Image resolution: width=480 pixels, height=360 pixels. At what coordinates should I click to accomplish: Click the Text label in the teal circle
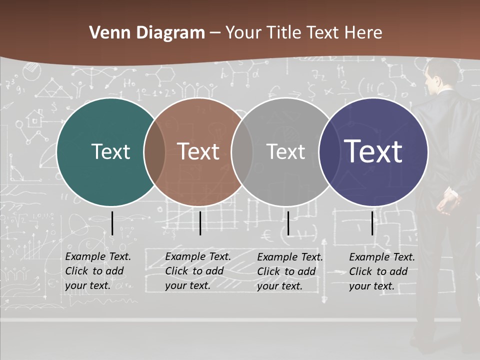[x=110, y=152]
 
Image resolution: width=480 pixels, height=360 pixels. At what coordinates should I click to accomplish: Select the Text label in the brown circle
[x=198, y=152]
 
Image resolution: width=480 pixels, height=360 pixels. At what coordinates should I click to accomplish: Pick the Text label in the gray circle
[x=285, y=152]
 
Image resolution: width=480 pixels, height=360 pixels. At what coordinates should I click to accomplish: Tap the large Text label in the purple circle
[x=373, y=151]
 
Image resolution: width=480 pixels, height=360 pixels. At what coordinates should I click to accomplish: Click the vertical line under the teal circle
[x=112, y=223]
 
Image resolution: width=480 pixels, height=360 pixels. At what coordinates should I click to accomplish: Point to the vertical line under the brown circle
[x=200, y=223]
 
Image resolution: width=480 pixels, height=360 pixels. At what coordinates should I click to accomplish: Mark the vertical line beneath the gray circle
[x=288, y=223]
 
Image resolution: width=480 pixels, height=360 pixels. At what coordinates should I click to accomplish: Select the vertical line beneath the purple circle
[x=372, y=223]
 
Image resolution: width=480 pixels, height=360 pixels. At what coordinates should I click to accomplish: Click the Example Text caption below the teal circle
[x=98, y=271]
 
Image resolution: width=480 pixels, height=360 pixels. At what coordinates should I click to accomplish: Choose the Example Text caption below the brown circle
[x=198, y=271]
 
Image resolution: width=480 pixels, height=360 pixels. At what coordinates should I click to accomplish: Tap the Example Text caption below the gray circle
[x=290, y=271]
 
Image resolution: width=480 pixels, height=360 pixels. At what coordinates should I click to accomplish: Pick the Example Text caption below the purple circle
[x=382, y=271]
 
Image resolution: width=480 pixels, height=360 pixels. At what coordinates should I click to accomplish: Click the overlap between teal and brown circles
[x=154, y=152]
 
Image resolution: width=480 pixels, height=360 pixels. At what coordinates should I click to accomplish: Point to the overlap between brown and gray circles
[x=242, y=152]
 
